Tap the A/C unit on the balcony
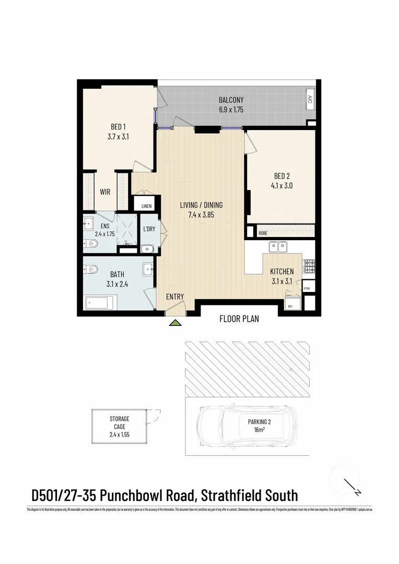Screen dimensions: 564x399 pyautogui.click(x=310, y=100)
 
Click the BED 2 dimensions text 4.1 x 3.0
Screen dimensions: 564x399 pyautogui.click(x=283, y=185)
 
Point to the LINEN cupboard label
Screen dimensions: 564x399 pyautogui.click(x=146, y=206)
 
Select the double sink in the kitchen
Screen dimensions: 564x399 pyautogui.click(x=277, y=246)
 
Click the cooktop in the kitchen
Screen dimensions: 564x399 pyautogui.click(x=309, y=267)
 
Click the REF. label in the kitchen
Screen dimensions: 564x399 pyautogui.click(x=290, y=307)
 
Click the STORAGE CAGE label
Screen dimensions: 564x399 pyautogui.click(x=119, y=422)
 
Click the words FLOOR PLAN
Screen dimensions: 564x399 pyautogui.click(x=239, y=318)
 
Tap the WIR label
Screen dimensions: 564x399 pyautogui.click(x=105, y=192)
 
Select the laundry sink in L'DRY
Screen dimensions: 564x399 pyautogui.click(x=147, y=249)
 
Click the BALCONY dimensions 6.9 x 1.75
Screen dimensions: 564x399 pyautogui.click(x=231, y=110)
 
